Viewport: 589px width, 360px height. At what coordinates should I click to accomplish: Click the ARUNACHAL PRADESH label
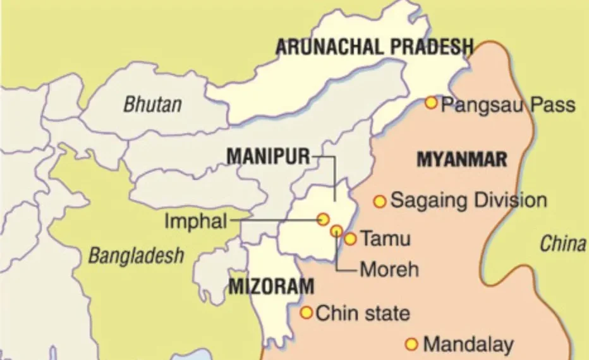[374, 47]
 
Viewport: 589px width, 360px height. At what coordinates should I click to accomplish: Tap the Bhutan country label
[152, 104]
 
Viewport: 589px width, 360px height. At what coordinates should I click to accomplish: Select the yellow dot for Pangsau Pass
[431, 102]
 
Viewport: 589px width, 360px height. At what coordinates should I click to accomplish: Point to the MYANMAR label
[462, 159]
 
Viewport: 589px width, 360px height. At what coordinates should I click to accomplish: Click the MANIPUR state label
[269, 156]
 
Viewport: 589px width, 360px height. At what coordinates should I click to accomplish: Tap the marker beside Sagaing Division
[379, 201]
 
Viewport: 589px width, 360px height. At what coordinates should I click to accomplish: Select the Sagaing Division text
[468, 201]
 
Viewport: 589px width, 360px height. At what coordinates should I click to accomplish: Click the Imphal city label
[195, 221]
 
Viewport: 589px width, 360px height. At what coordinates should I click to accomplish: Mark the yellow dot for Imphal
[323, 219]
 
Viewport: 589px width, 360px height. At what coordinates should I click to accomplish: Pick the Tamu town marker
[350, 239]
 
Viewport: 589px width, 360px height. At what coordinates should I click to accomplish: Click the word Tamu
[385, 239]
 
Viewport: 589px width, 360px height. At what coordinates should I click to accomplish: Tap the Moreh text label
[389, 270]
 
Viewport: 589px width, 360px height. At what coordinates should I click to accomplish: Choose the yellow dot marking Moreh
[336, 231]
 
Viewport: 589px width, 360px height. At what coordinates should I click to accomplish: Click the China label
[562, 244]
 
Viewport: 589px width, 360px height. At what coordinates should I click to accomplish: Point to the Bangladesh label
[136, 256]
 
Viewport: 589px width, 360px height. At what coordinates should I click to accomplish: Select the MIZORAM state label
[270, 287]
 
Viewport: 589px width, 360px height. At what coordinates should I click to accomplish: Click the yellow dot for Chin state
[306, 313]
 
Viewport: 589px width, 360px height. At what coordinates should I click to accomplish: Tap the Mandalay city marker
[411, 344]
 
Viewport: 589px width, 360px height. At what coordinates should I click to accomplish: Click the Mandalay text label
[468, 345]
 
